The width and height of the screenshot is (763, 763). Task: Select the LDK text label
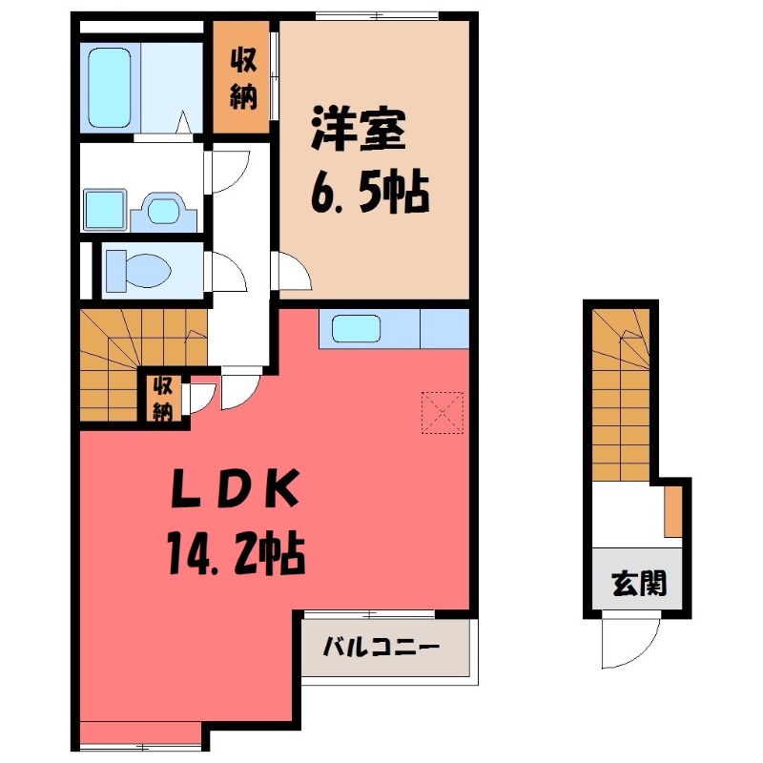[236, 492]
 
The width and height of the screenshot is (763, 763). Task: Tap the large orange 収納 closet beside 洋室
[243, 79]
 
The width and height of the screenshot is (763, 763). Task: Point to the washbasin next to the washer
[164, 210]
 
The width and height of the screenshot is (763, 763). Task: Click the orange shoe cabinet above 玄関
[672, 511]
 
